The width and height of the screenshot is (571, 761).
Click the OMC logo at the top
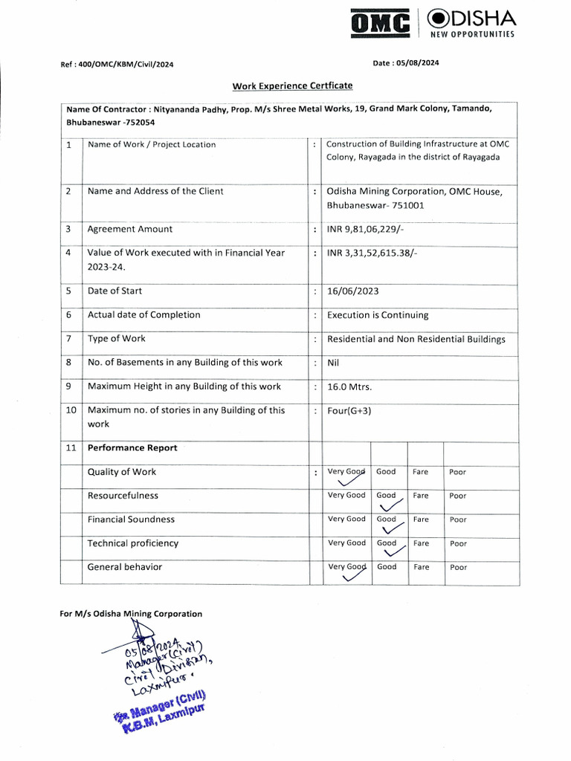pyautogui.click(x=381, y=25)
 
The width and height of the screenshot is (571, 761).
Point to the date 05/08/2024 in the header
pyautogui.click(x=405, y=63)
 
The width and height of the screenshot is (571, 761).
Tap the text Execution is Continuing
pyautogui.click(x=378, y=315)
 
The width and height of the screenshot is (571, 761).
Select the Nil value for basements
pyautogui.click(x=333, y=363)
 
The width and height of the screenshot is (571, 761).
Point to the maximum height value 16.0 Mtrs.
pyautogui.click(x=349, y=386)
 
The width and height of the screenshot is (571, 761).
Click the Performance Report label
pyautogui.click(x=132, y=448)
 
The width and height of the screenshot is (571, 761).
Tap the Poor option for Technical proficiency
pyautogui.click(x=458, y=544)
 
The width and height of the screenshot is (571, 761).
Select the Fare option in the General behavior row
pyautogui.click(x=422, y=567)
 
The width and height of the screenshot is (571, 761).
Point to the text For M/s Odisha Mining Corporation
pyautogui.click(x=131, y=614)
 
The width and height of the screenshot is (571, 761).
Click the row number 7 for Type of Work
pyautogui.click(x=68, y=339)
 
